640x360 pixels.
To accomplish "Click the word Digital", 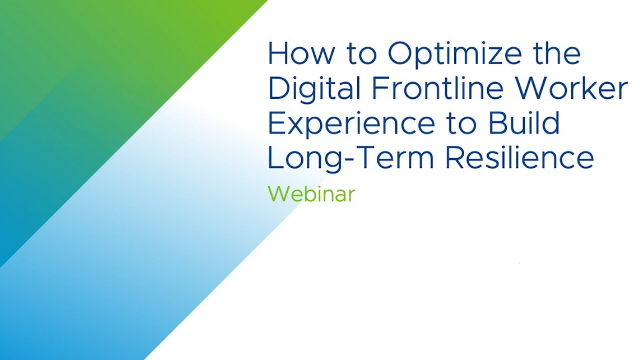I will click(x=315, y=90).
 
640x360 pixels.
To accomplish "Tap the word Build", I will click(x=526, y=123).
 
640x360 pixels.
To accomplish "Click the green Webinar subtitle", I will click(x=312, y=194).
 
